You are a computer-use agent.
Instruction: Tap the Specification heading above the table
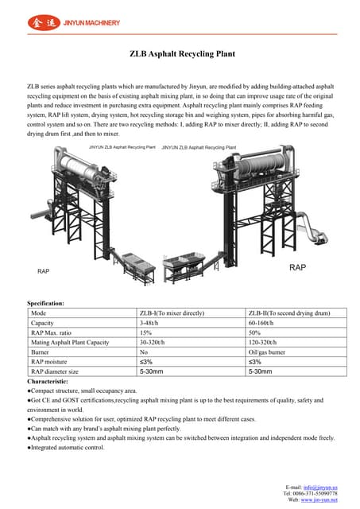pos(46,303)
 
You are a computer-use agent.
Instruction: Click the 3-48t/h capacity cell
pos(151,323)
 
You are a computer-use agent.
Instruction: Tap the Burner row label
pos(41,352)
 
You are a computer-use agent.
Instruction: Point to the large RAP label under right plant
pos(297,268)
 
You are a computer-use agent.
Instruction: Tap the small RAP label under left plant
pos(44,271)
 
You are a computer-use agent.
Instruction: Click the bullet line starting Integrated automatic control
pos(67,447)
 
